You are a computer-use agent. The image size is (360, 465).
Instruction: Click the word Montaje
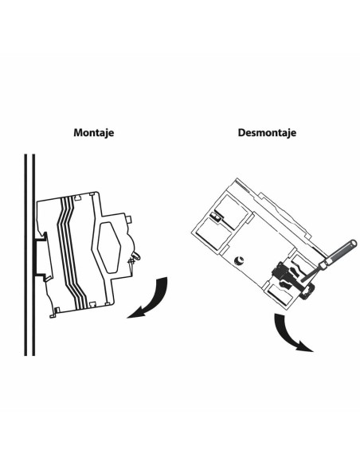pyautogui.click(x=94, y=132)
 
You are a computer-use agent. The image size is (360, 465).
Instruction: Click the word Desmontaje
pyautogui.click(x=267, y=132)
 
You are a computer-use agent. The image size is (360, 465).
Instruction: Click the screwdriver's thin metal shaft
pyautogui.click(x=312, y=272)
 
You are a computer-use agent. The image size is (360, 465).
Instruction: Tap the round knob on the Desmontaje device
pyautogui.click(x=239, y=260)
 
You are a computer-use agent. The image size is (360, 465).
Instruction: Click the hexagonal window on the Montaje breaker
pyautogui.click(x=108, y=248)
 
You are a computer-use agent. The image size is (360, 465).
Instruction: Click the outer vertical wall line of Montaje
pyautogui.click(x=25, y=255)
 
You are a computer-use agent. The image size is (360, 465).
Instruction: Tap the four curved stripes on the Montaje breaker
pyautogui.click(x=72, y=252)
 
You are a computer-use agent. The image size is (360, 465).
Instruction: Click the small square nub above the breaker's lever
pyautogui.click(x=129, y=220)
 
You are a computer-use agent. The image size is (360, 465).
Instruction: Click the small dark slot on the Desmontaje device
pyautogui.click(x=215, y=217)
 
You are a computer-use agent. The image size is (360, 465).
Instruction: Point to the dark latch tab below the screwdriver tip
pyautogui.click(x=307, y=291)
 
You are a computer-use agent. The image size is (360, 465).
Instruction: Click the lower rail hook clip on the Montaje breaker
pyautogui.click(x=48, y=278)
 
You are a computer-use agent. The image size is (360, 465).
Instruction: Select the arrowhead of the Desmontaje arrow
pyautogui.click(x=303, y=346)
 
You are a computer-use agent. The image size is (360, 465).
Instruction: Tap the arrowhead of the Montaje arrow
pyautogui.click(x=136, y=313)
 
